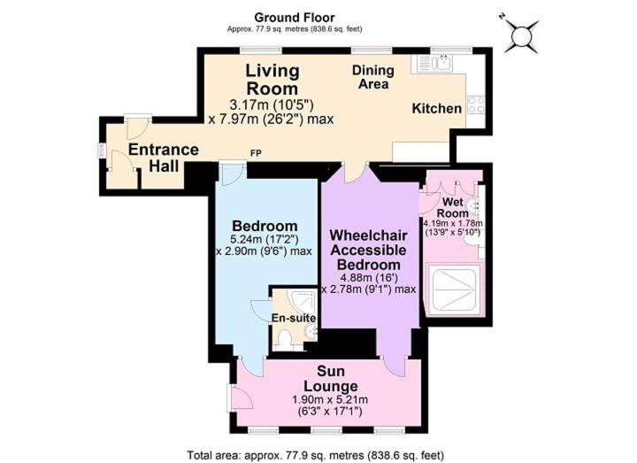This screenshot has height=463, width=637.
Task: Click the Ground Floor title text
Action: coord(294,18)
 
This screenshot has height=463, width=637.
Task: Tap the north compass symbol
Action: coord(522,35)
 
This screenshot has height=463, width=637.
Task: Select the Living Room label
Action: coord(272,80)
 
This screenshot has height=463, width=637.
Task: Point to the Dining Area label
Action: coord(373,77)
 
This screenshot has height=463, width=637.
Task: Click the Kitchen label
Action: coord(437,109)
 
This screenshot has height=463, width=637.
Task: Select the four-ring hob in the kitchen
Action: coord(476,104)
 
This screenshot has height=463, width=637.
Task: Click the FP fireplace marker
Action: coord(256,153)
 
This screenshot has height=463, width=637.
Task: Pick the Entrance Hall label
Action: coord(164,158)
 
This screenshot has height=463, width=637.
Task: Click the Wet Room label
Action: coord(453,207)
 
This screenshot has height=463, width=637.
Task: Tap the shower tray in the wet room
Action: coord(453,289)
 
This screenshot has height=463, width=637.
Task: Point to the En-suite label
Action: coord(294,318)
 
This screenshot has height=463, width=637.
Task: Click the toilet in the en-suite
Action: coord(286,338)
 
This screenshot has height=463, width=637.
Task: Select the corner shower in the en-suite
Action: coord(303,301)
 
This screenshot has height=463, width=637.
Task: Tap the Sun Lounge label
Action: coord(331,378)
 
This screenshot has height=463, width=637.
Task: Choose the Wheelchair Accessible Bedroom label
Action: coord(368,250)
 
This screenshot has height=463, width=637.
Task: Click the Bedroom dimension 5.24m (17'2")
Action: coord(265,239)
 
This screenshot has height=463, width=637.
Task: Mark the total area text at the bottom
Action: coord(315,455)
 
